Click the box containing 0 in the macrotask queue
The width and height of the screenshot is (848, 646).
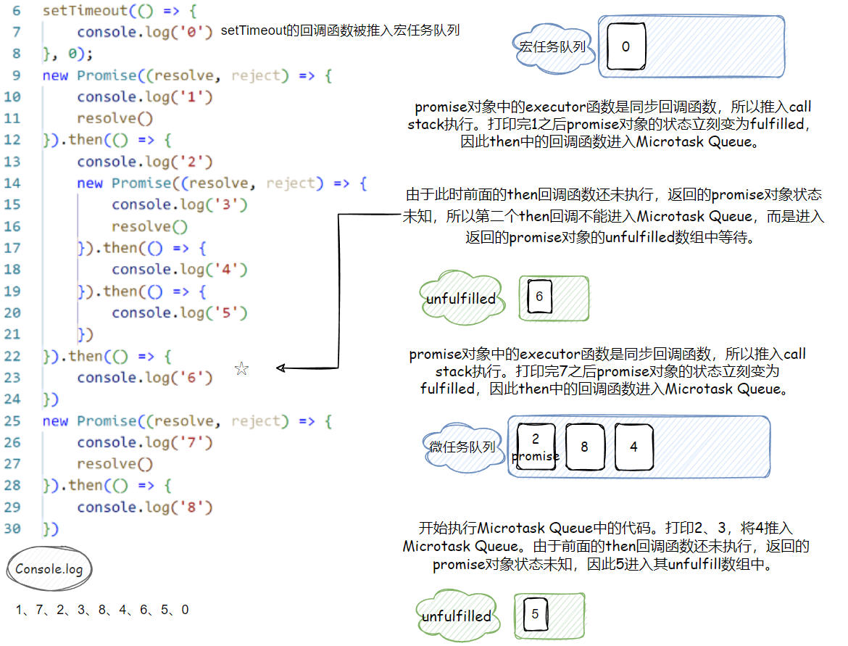625,47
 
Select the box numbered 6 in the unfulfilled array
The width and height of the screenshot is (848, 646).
539,297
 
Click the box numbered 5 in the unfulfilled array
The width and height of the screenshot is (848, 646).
535,615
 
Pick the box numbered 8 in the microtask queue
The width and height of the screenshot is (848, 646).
584,447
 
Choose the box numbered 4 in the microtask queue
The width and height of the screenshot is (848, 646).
633,447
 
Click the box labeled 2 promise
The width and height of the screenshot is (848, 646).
536,447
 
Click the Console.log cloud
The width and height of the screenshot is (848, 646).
49,569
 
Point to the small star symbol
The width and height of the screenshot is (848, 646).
241,370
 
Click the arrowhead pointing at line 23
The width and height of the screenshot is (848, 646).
281,368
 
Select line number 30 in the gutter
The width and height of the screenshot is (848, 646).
12,529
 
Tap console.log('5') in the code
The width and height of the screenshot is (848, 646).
180,312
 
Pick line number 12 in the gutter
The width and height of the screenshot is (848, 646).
12,140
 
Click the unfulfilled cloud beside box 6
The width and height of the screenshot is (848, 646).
461,299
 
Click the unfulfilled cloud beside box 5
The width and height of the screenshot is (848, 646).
457,616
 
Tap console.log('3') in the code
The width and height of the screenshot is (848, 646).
180,205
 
